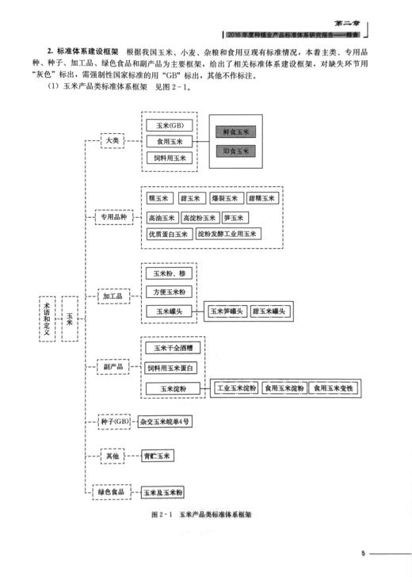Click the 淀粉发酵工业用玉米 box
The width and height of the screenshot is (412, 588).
tap(227, 234)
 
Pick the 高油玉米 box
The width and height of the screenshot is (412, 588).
tap(162, 217)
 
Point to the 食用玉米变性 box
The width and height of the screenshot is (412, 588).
tap(331, 388)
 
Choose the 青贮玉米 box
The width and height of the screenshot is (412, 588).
tap(158, 456)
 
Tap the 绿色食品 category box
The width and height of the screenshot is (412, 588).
tap(113, 491)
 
